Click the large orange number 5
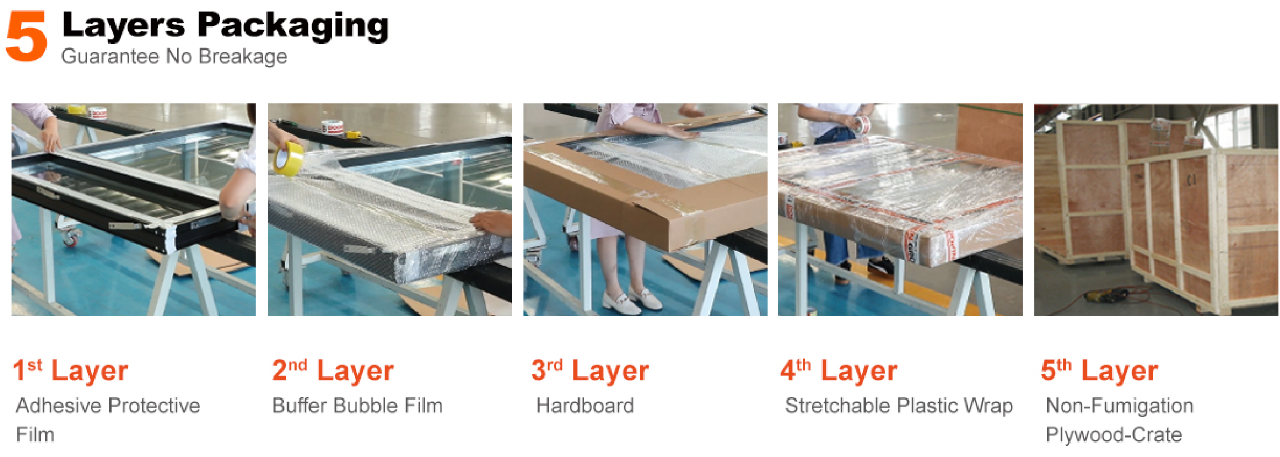(26, 37)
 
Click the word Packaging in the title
(293, 27)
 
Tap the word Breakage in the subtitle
(243, 57)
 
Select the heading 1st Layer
(70, 370)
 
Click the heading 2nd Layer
(333, 370)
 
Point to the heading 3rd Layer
(590, 370)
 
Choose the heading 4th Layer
(839, 370)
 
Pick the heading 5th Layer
(1099, 370)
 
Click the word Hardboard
(585, 406)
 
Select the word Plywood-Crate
(1114, 435)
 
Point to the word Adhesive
(59, 406)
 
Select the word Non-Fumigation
(1119, 406)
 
